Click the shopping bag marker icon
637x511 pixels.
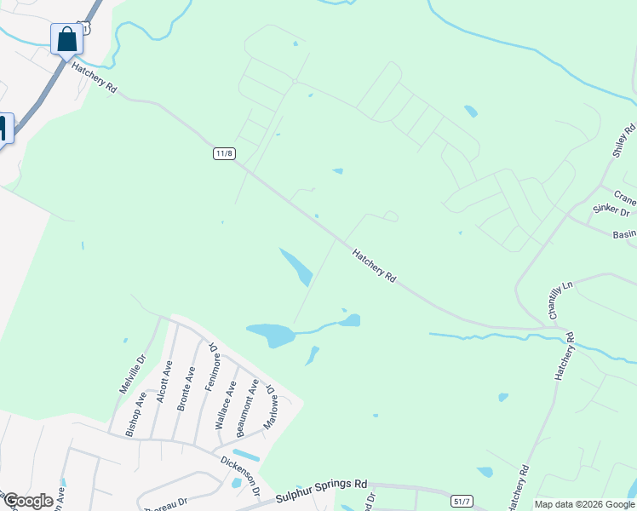pyautogui.click(x=66, y=38)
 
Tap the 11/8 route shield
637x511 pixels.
pyautogui.click(x=224, y=153)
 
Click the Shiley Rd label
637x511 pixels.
pyautogui.click(x=625, y=141)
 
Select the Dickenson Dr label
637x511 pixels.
pyautogui.click(x=242, y=473)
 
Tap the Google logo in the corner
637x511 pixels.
pyautogui.click(x=28, y=501)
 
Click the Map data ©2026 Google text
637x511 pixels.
pyautogui.click(x=584, y=504)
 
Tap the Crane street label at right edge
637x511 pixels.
pyautogui.click(x=624, y=194)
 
